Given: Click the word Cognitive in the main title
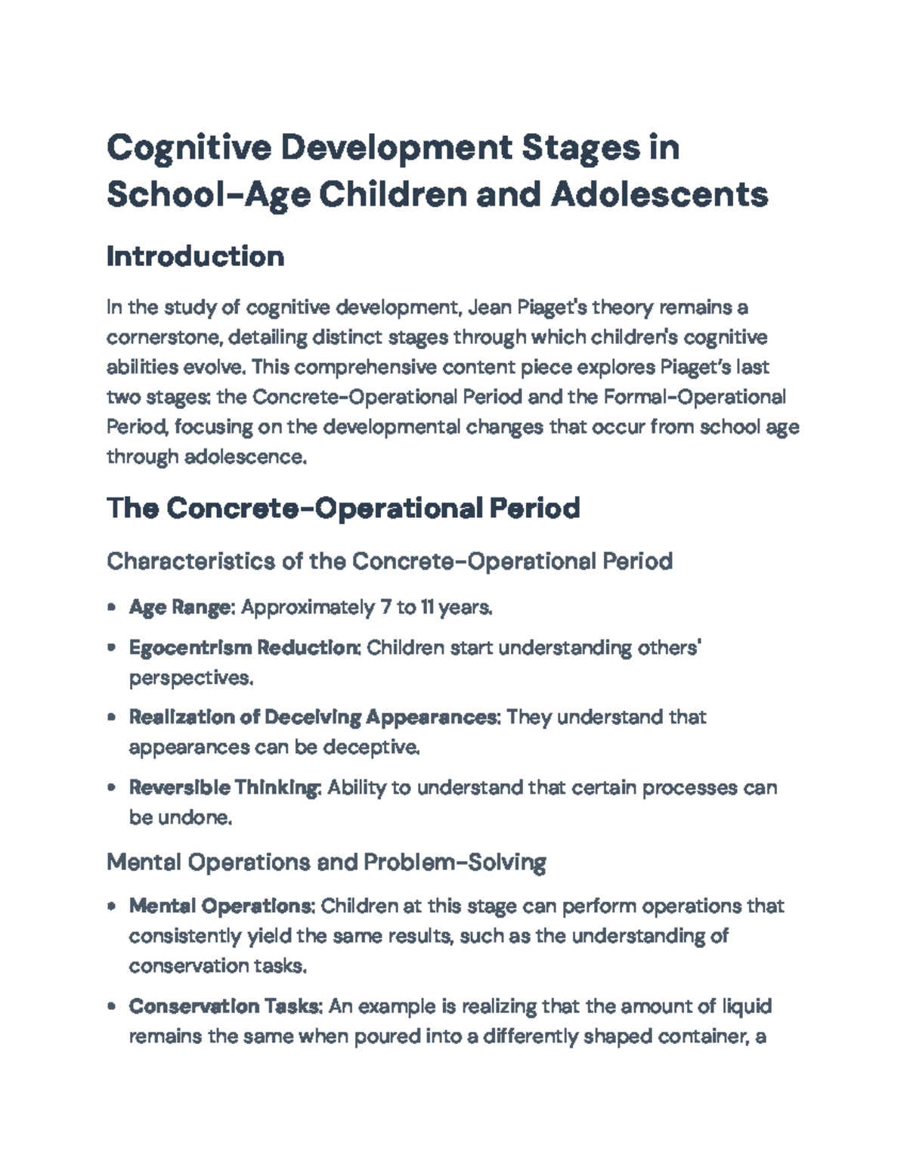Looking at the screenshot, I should [188, 147].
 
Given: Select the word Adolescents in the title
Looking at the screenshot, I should [659, 195].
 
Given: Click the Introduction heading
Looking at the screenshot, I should [195, 257].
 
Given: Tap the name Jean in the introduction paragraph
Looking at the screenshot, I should [488, 308].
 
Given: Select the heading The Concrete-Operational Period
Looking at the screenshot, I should [343, 508].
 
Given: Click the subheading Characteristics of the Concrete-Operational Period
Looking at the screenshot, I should [389, 562].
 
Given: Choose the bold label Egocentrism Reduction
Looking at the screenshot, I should [244, 648].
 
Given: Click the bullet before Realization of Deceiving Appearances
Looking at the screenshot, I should [112, 717].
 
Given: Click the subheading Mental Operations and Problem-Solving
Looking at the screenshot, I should [326, 862].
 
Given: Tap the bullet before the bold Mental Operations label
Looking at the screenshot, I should [112, 906].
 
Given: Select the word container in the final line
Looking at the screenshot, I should [701, 1036].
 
